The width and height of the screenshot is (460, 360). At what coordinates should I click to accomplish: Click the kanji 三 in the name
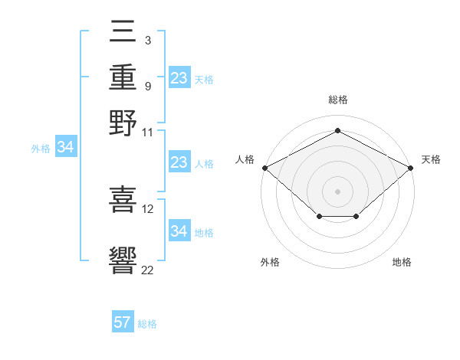[123, 31]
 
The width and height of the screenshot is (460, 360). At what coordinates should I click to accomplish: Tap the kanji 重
[123, 77]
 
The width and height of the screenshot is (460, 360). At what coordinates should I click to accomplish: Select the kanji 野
[123, 123]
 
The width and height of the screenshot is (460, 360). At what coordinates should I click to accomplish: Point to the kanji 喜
[123, 199]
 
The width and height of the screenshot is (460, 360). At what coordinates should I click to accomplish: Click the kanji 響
[123, 260]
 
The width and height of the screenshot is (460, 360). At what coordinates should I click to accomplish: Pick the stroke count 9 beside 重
[148, 87]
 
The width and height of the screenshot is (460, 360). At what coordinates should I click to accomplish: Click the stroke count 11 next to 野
[147, 133]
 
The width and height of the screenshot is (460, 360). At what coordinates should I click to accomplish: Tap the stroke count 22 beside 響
[147, 270]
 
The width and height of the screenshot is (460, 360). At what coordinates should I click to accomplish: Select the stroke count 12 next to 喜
[147, 209]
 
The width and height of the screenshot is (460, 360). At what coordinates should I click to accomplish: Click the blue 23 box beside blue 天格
[179, 77]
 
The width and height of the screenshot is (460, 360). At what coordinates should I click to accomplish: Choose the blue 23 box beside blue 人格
[179, 162]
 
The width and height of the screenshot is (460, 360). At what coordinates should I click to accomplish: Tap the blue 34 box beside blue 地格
[179, 230]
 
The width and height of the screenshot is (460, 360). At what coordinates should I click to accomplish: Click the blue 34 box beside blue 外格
[66, 146]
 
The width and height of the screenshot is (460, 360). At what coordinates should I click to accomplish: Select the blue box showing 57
[123, 321]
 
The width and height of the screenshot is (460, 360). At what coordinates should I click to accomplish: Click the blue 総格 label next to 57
[147, 324]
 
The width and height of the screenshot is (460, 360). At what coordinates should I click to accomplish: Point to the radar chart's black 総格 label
[338, 100]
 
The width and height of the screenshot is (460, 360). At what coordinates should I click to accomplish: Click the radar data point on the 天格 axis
[411, 168]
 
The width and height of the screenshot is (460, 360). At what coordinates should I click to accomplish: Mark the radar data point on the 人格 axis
[265, 168]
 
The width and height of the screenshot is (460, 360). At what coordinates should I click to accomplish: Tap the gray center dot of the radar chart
[337, 191]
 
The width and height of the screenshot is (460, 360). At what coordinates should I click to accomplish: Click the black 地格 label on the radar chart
[402, 262]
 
